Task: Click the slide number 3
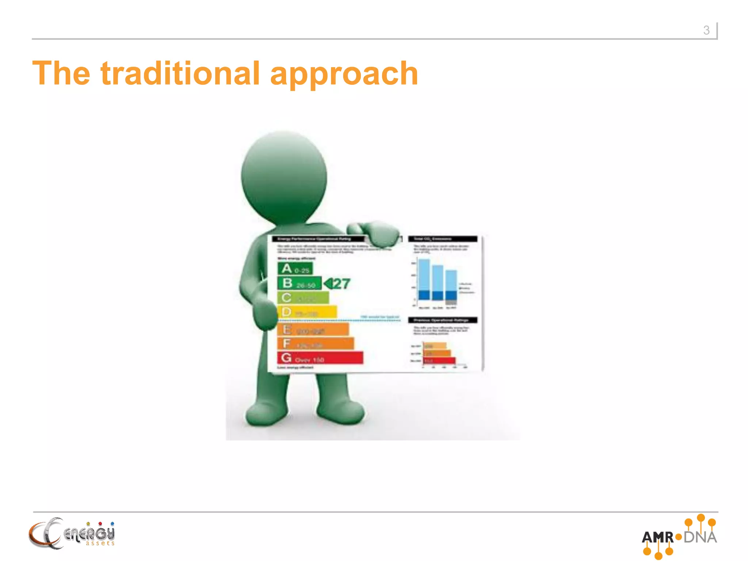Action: click(706, 30)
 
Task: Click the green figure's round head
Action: click(284, 177)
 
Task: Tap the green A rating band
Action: click(295, 269)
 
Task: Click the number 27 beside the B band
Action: click(341, 284)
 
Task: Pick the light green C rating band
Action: click(303, 298)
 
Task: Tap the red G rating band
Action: click(320, 358)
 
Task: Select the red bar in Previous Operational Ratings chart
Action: click(439, 361)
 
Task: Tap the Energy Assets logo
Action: click(72, 534)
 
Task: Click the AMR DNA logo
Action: click(679, 537)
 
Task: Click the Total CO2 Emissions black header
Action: click(443, 239)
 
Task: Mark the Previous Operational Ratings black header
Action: click(443, 320)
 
